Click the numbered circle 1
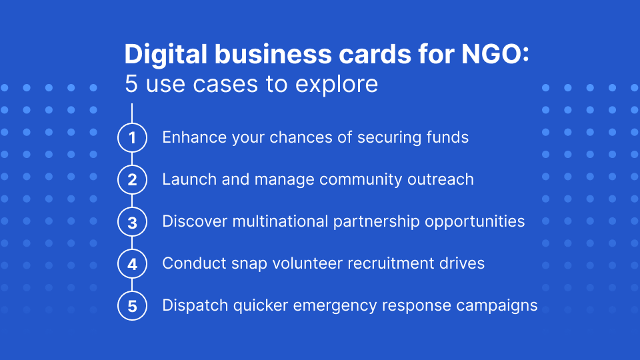(x=132, y=138)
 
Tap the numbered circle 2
(x=132, y=180)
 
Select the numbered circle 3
(x=132, y=222)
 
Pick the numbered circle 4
(x=132, y=264)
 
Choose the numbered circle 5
(x=132, y=306)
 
